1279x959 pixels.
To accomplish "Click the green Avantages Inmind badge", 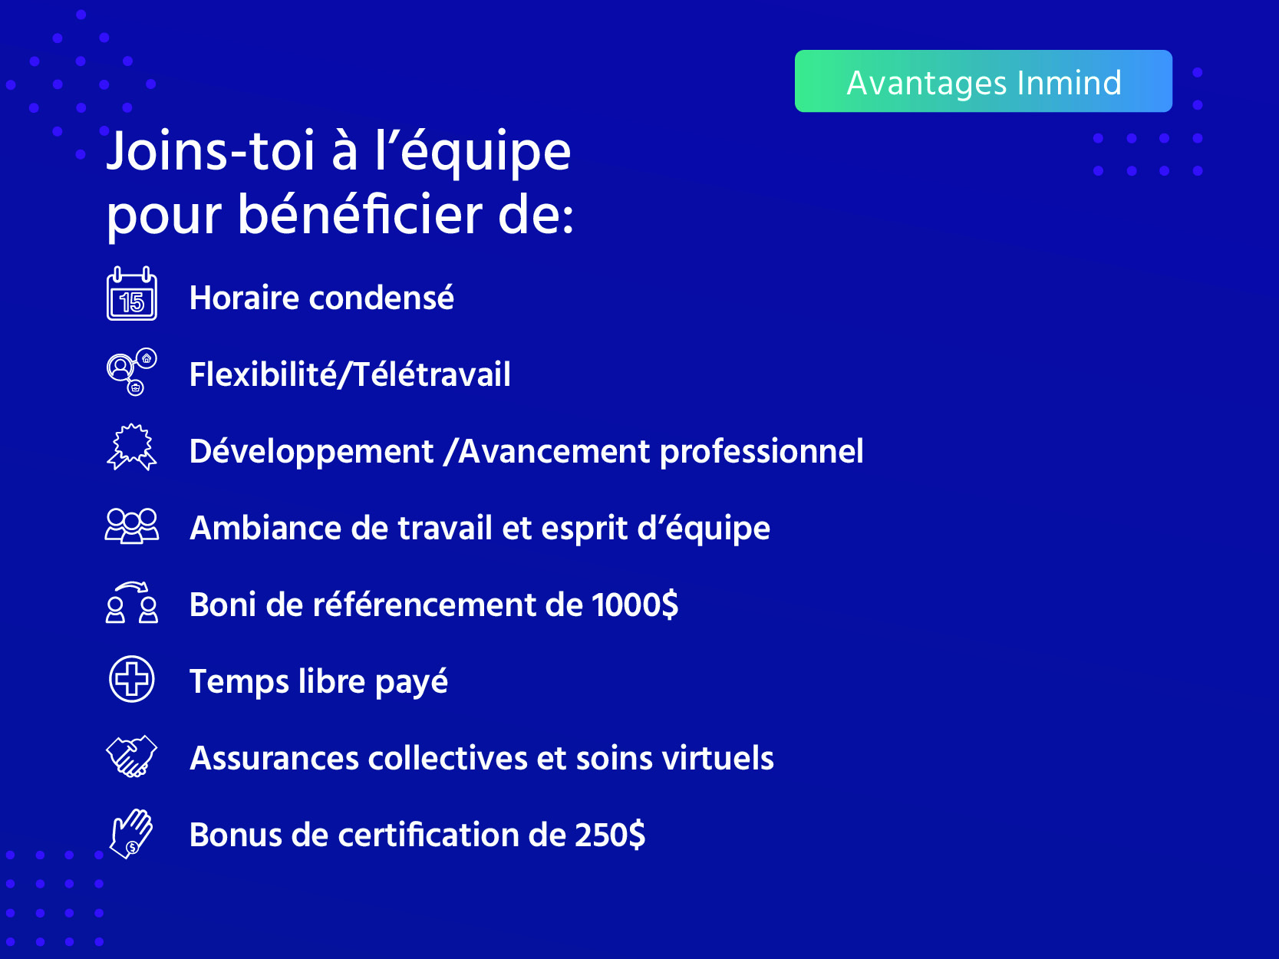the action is coord(983,81).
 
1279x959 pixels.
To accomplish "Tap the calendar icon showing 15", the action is coord(132,293).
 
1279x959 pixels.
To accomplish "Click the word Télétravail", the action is coord(432,374).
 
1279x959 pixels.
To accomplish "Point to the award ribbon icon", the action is coord(132,447).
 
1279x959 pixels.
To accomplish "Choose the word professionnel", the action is coord(762,453).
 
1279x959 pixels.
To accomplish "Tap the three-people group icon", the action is coord(132,526).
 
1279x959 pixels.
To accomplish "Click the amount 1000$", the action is coord(635,605).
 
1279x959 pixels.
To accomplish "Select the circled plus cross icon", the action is coord(132,679).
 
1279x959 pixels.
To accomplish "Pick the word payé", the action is coord(411,682).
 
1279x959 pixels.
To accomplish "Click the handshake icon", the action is coord(132,756).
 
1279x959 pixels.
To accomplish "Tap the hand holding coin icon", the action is coord(132,834).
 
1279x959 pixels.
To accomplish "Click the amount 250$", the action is coord(610,835).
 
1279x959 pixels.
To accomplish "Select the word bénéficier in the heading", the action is coord(360,215).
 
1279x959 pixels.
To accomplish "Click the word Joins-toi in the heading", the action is coord(210,151).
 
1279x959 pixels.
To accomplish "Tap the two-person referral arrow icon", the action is coord(132,602).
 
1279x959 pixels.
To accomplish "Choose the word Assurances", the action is coord(274,759).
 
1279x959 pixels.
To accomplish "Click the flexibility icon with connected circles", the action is coord(132,372).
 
